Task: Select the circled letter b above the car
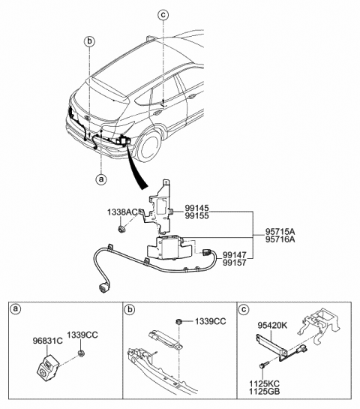pos(88,41)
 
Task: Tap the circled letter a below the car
pos(100,179)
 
